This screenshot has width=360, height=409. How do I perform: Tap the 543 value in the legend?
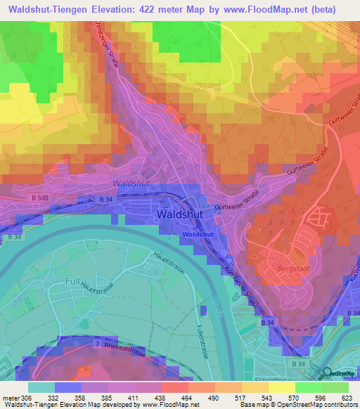[256, 397]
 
